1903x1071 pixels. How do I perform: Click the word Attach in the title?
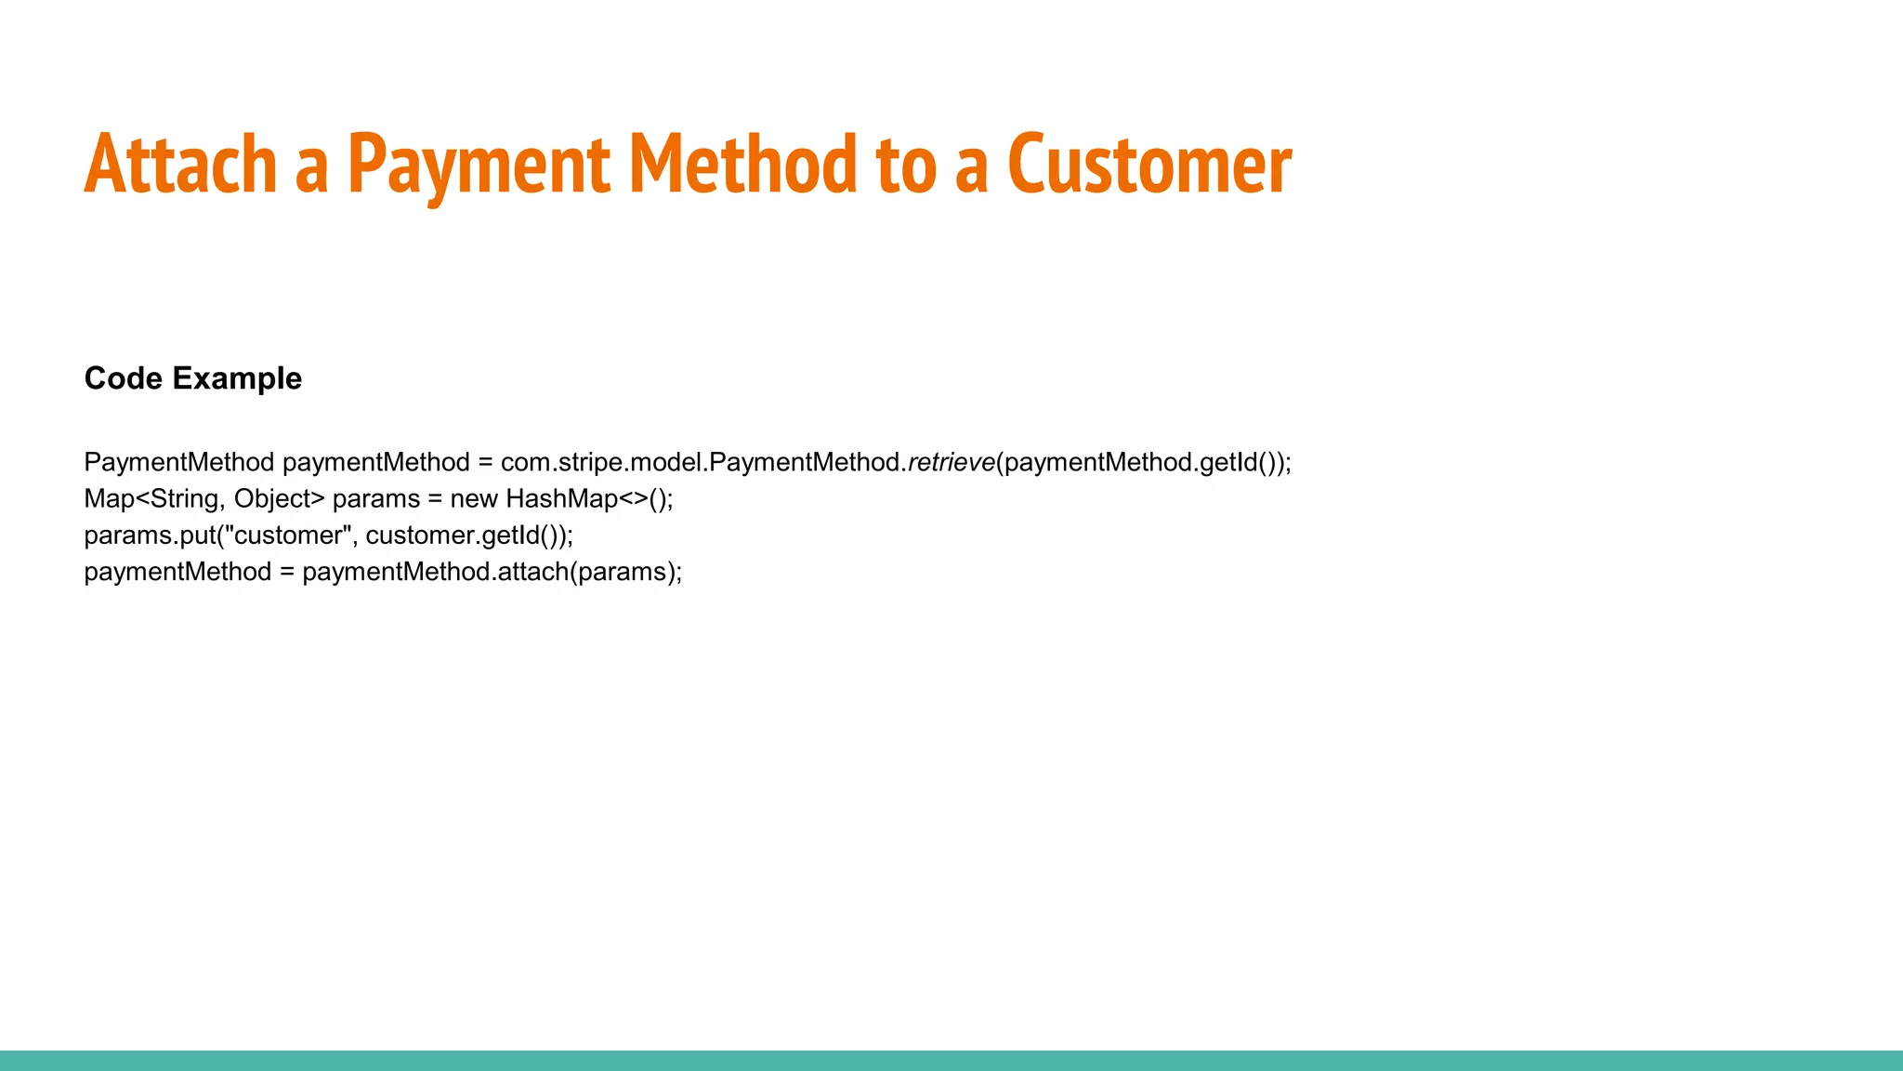(180, 165)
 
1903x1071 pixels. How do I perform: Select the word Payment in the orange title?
(479, 165)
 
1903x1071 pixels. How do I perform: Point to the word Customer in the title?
(1148, 165)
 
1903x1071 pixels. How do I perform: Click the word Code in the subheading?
(124, 378)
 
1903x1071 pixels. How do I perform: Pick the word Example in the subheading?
(237, 378)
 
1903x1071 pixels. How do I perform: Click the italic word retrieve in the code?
(951, 462)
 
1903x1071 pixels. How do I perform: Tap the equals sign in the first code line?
(485, 462)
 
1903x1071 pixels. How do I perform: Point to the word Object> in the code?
(279, 499)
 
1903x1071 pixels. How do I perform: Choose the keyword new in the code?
(474, 499)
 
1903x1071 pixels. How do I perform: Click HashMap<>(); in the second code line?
(589, 499)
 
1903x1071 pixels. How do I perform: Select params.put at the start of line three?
(149, 535)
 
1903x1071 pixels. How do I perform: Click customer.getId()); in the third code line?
(469, 535)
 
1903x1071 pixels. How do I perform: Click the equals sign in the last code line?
(286, 572)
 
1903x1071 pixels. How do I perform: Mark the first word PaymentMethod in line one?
(178, 462)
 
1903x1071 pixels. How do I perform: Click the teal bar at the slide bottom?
(951, 1061)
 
